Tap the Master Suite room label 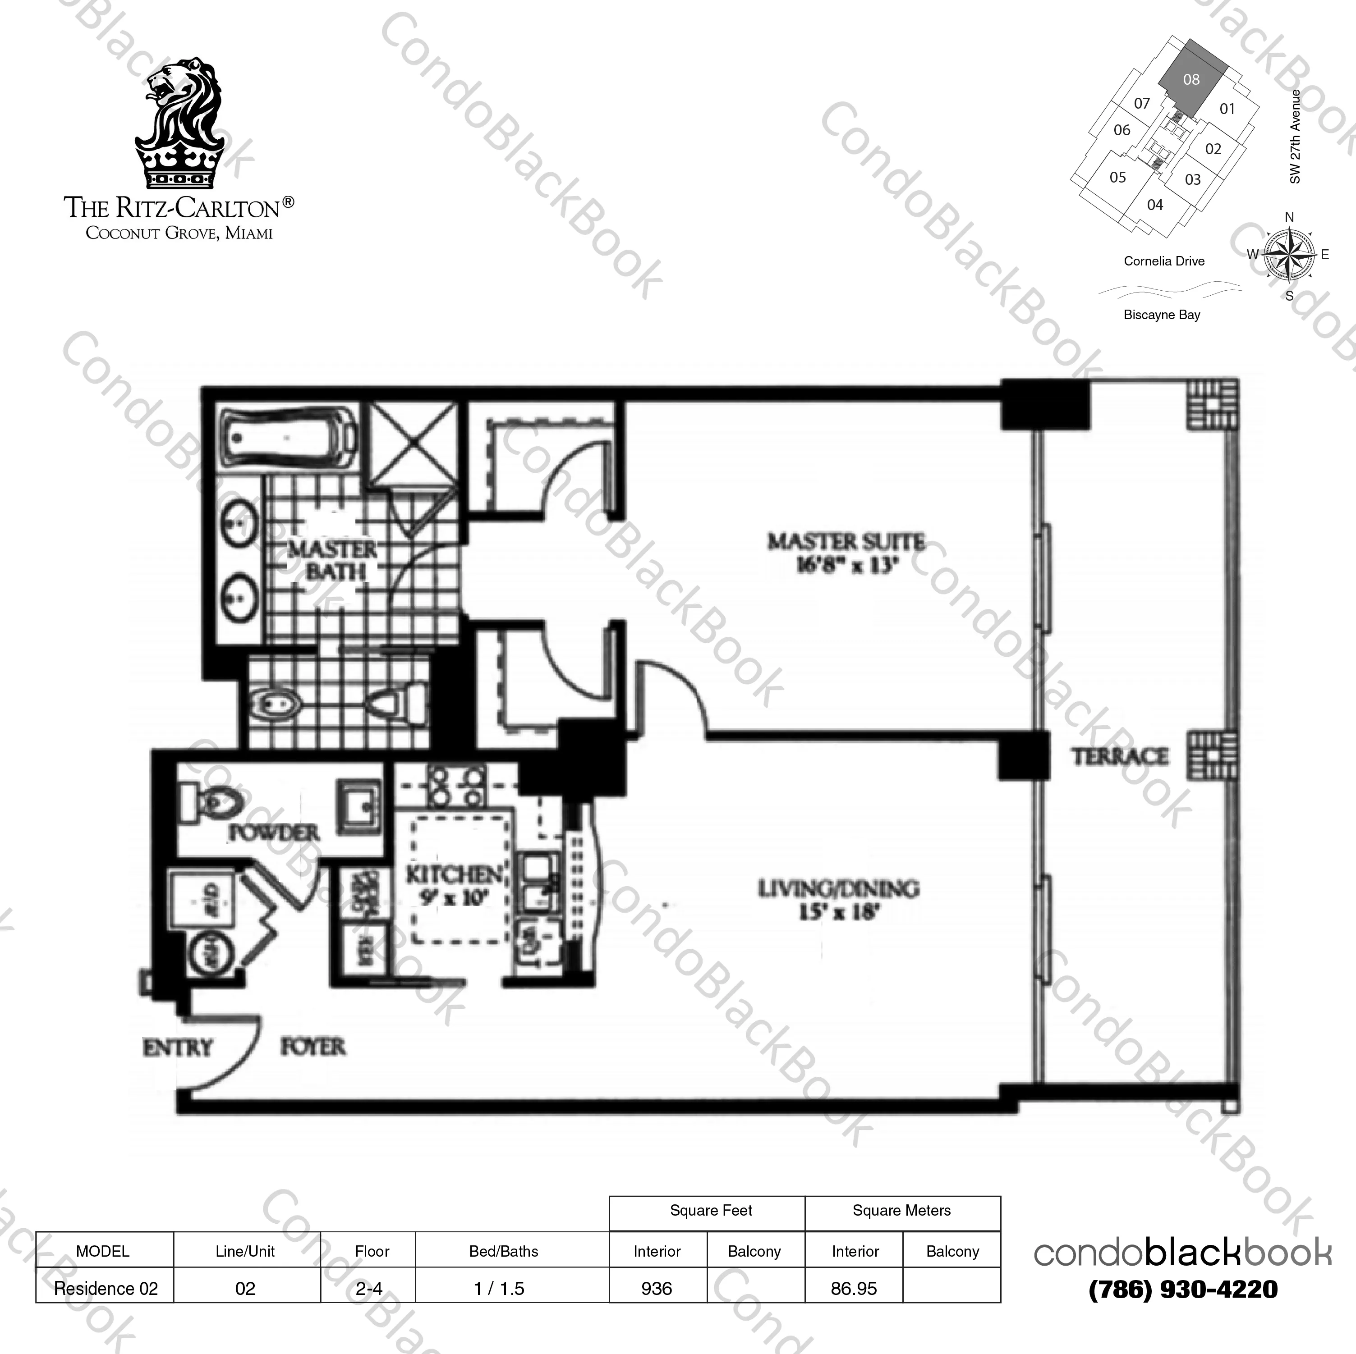[x=846, y=553]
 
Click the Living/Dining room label [x=838, y=899]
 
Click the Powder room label [x=274, y=833]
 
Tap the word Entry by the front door [x=178, y=1048]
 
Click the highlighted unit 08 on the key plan [x=1191, y=80]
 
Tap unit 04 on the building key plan [x=1154, y=205]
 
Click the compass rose [x=1289, y=255]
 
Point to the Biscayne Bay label [x=1162, y=315]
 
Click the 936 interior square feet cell [x=657, y=1289]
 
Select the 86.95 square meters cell [x=854, y=1289]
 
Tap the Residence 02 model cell [x=106, y=1289]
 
